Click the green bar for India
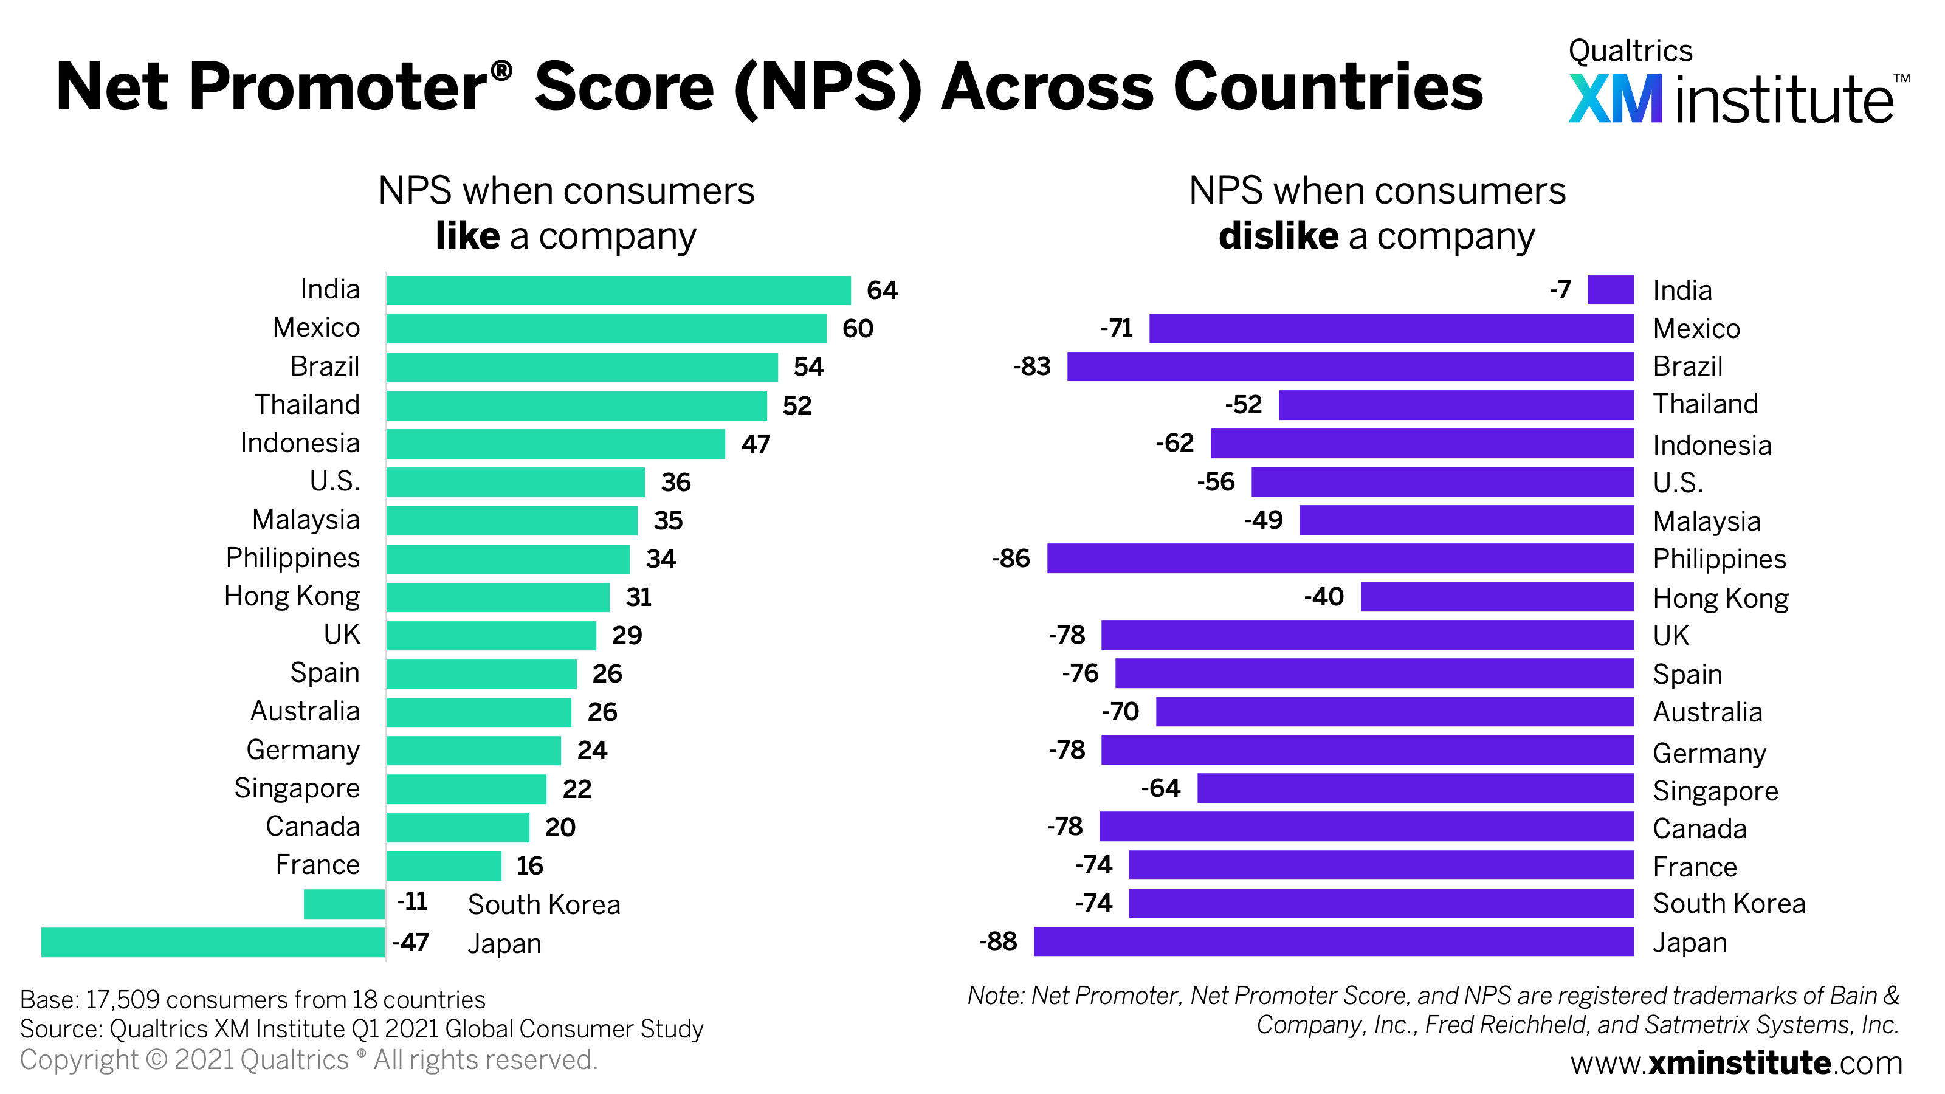(618, 291)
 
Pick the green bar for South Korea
(344, 904)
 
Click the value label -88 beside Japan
(997, 941)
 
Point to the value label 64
(881, 291)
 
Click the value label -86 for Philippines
(1010, 559)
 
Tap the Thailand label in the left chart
(308, 405)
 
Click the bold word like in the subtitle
(467, 236)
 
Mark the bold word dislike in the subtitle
(1278, 236)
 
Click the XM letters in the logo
(1614, 99)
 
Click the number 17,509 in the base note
(122, 1000)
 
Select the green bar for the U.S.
(515, 483)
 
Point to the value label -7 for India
(1560, 290)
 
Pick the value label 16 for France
(529, 866)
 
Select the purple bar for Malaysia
(1465, 520)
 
